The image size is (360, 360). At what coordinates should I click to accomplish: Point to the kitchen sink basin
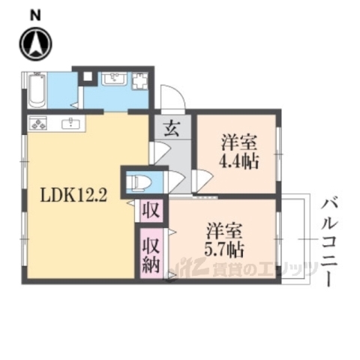pos(73,124)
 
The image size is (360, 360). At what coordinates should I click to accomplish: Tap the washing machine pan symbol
pos(141,81)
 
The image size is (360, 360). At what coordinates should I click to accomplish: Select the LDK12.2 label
pos(70,197)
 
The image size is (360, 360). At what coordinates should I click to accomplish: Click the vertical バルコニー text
pos(330,239)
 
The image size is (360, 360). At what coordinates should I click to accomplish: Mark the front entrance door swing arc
pos(172,97)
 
